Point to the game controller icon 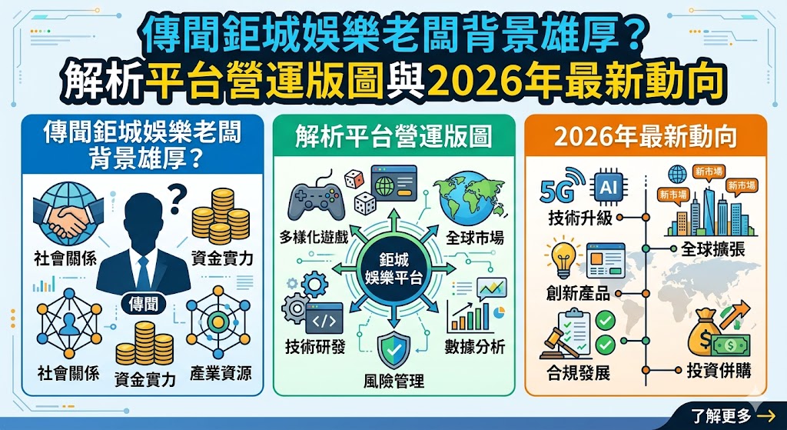click(313, 197)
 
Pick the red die click(352, 180)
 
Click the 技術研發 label click(315, 347)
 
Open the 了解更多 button click(730, 416)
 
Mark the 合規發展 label click(579, 374)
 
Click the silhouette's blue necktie click(142, 269)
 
